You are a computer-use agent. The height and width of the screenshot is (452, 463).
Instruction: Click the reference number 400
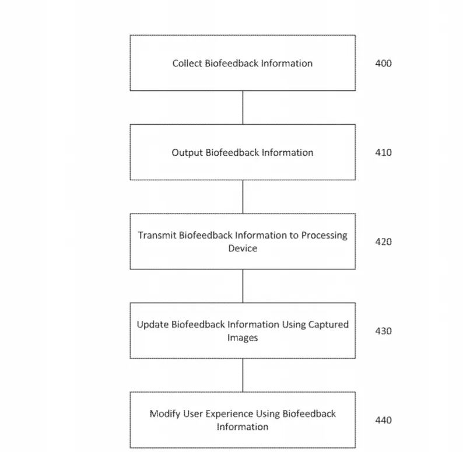(383, 63)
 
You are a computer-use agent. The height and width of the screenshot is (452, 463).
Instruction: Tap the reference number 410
(383, 152)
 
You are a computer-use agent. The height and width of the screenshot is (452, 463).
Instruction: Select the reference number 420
(383, 241)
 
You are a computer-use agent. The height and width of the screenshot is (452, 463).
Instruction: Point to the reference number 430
(383, 331)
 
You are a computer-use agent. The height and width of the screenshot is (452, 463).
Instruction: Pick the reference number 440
(383, 420)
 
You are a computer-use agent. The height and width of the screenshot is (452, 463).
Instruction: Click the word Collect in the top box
(187, 63)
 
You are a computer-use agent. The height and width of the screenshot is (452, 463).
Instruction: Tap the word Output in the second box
(187, 153)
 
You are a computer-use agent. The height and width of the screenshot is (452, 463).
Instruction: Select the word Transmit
(157, 235)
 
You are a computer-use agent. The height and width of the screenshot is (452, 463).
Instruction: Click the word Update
(152, 325)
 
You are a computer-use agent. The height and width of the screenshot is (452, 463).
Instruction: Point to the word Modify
(165, 414)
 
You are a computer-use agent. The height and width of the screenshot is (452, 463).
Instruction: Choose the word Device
(243, 248)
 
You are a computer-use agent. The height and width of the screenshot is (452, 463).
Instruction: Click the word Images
(243, 338)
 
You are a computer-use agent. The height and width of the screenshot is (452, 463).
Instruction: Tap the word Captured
(328, 325)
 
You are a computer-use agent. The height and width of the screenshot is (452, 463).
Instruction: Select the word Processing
(324, 236)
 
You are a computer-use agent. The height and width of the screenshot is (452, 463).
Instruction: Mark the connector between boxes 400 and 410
(243, 107)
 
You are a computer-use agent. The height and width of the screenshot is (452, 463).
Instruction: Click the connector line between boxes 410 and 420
(243, 197)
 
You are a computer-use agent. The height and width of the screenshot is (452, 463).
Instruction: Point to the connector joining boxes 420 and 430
(243, 286)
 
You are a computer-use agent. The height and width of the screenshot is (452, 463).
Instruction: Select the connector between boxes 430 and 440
(243, 375)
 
